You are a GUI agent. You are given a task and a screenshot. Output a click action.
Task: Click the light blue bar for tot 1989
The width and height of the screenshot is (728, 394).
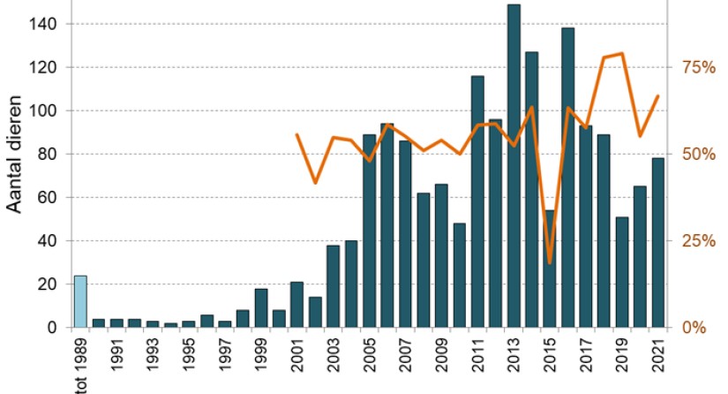click(80, 302)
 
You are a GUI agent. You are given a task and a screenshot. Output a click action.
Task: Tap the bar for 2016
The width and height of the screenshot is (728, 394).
click(568, 178)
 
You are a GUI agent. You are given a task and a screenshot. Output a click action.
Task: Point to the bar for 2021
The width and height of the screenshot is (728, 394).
click(658, 243)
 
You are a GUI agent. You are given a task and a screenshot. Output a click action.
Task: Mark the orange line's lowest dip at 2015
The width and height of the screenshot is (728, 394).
click(550, 262)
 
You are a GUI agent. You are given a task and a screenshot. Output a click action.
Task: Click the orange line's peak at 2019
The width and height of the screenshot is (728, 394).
click(622, 54)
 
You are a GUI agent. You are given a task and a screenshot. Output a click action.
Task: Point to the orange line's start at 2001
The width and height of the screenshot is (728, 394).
click(296, 135)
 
